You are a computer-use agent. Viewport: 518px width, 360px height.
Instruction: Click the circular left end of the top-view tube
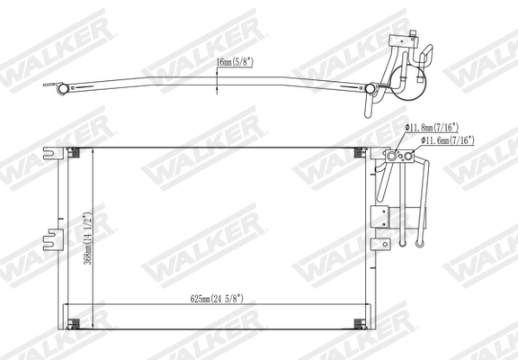(x=63, y=88)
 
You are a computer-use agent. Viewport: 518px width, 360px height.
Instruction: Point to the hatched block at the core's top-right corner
(x=363, y=150)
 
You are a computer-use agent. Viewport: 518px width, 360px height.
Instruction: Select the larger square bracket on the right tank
(x=379, y=215)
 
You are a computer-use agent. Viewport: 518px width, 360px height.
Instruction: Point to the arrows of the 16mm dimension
(x=217, y=82)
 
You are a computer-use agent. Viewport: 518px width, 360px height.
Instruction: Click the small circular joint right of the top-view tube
(x=371, y=88)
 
